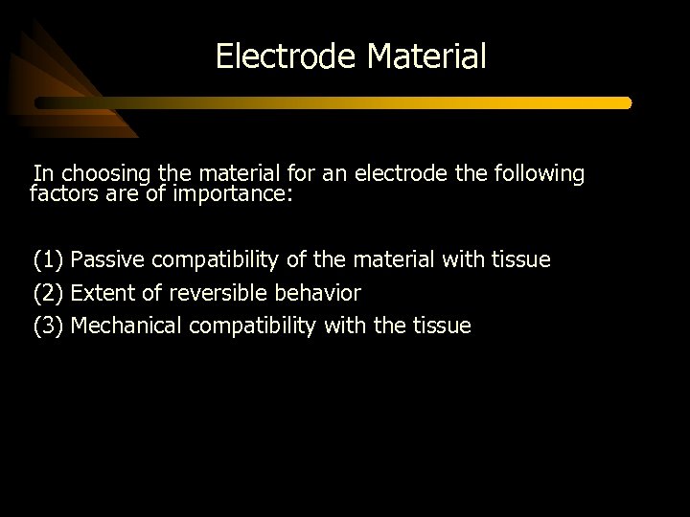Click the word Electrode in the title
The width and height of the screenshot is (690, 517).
(287, 56)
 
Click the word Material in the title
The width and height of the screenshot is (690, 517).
(426, 56)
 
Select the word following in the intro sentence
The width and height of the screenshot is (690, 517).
(537, 174)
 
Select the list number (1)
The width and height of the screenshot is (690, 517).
(48, 259)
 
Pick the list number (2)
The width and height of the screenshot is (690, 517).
(48, 293)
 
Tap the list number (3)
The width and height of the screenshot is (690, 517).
(48, 326)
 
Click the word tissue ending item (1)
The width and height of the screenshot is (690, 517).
(521, 259)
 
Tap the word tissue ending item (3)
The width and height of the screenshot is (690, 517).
(442, 326)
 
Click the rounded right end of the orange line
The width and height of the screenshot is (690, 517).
(627, 102)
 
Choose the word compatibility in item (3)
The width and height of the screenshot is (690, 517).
(253, 326)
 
